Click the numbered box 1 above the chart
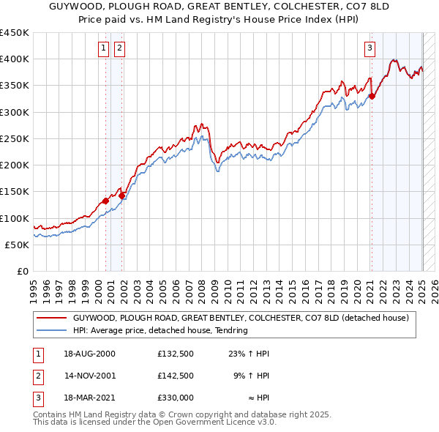103,49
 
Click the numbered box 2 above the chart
119,49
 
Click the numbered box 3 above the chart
370,49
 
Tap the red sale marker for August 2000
106,201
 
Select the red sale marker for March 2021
372,96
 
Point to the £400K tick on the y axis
16,59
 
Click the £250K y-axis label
16,138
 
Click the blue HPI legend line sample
50,330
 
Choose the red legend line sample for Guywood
50,318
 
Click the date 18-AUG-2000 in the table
89,354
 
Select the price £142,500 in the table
175,376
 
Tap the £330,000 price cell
175,398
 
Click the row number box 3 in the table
37,398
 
